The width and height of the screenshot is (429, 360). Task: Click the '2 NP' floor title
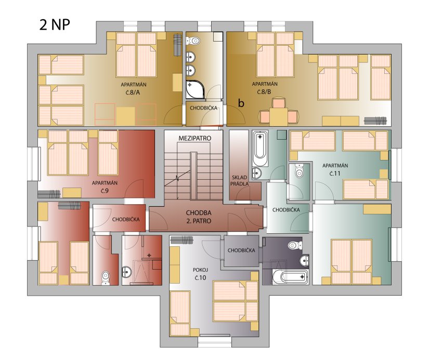click(x=55, y=24)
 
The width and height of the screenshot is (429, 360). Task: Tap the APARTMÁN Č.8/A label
click(x=134, y=88)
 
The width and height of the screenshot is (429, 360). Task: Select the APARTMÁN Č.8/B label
click(x=265, y=88)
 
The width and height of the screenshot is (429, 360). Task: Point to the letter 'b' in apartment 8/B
click(x=241, y=103)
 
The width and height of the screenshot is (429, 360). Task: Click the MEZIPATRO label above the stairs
click(x=195, y=138)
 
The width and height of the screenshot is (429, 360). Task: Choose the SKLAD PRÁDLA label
click(x=239, y=180)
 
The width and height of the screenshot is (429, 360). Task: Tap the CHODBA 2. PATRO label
click(x=199, y=217)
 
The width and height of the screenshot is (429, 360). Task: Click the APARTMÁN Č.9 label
click(x=105, y=186)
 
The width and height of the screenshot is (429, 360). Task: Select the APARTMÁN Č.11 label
click(x=335, y=169)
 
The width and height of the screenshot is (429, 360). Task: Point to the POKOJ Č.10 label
click(x=201, y=274)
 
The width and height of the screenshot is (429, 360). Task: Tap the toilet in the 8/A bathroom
click(x=193, y=41)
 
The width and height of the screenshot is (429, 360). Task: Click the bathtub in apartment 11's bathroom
click(x=260, y=149)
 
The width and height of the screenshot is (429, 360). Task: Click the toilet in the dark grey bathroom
click(x=295, y=245)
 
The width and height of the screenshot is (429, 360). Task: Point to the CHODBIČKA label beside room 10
click(x=241, y=250)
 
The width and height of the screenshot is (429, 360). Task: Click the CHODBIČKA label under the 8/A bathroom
click(x=203, y=108)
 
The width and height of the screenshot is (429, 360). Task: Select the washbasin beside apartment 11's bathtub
click(x=257, y=173)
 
